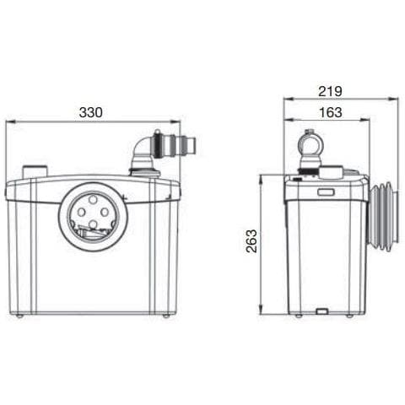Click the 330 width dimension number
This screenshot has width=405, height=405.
tap(92, 111)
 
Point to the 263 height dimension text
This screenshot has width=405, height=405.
tap(251, 243)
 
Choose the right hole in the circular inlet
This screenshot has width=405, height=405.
tap(107, 213)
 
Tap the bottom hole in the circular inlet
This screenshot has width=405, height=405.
tap(93, 225)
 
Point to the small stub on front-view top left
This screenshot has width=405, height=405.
tap(35, 171)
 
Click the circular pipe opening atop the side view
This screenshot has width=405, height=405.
tap(310, 143)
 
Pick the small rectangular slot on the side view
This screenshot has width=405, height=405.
tap(325, 192)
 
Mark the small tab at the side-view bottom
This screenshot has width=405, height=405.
tap(321, 311)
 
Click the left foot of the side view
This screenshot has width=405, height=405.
tap(298, 316)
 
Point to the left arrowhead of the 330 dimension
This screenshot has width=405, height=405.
tap(8, 121)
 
